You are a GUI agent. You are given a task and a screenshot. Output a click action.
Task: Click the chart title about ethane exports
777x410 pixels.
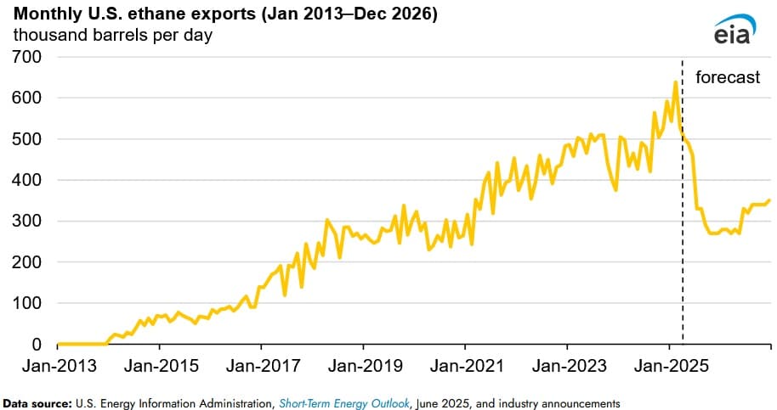pos(224,15)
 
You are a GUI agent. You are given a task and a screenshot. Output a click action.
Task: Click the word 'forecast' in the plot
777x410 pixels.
pos(728,78)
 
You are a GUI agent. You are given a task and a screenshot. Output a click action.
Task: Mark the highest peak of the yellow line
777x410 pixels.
pos(675,82)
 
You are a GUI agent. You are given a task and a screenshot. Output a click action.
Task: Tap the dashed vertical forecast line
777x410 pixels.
pos(683,255)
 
